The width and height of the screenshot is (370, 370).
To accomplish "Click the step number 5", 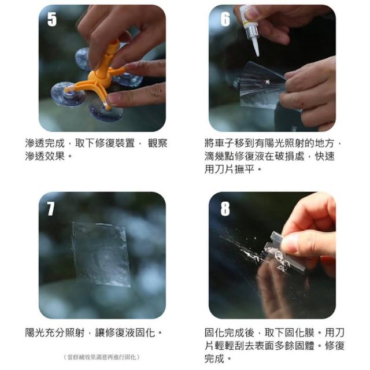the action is (52, 19).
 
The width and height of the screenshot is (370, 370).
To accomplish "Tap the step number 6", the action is (225, 19).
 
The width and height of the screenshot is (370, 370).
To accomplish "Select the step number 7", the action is (51, 209).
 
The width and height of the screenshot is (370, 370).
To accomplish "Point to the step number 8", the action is (225, 209).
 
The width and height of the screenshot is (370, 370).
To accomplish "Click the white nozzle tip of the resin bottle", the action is (256, 47).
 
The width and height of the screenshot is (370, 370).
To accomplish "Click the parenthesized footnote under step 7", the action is (102, 357).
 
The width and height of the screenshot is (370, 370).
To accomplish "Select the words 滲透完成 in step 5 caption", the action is (45, 143).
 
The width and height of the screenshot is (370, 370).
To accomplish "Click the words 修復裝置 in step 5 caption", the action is (114, 143).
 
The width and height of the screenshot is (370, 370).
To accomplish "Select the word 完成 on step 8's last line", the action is (214, 358).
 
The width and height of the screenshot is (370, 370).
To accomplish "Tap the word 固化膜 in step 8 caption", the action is (299, 333).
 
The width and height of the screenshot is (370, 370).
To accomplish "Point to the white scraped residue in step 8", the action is (250, 254).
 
